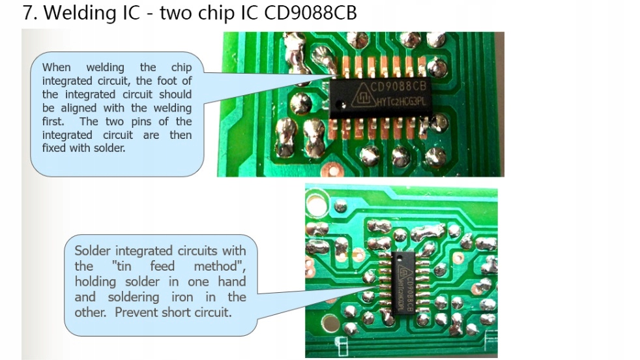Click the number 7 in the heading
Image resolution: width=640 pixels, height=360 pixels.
[x=28, y=14]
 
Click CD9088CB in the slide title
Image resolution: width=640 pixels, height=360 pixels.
[x=311, y=14]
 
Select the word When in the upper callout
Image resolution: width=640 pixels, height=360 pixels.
[x=57, y=67]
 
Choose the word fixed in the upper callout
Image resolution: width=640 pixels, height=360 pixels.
[x=55, y=149]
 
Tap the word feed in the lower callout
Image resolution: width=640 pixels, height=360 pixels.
[x=163, y=266]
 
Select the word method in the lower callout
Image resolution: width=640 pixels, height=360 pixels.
[x=218, y=266]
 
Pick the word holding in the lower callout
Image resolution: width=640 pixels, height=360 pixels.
[x=95, y=282]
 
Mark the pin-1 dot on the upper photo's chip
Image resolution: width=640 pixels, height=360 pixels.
[x=338, y=105]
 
